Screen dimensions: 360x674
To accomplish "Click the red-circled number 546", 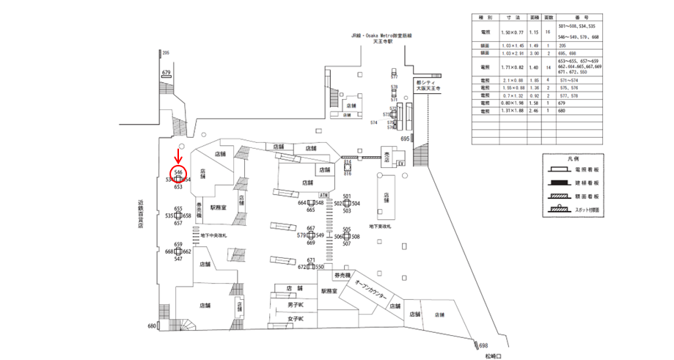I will [178, 172].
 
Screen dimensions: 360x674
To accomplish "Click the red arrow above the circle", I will [177, 156].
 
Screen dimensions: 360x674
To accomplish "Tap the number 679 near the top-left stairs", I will [166, 73].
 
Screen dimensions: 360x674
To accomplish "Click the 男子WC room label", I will [296, 304].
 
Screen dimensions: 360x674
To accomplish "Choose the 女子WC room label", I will [296, 318].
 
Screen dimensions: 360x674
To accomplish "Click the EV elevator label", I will [400, 164].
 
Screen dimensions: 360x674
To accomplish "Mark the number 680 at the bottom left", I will [152, 326].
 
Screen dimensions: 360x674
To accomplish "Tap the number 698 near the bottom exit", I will [483, 345].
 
